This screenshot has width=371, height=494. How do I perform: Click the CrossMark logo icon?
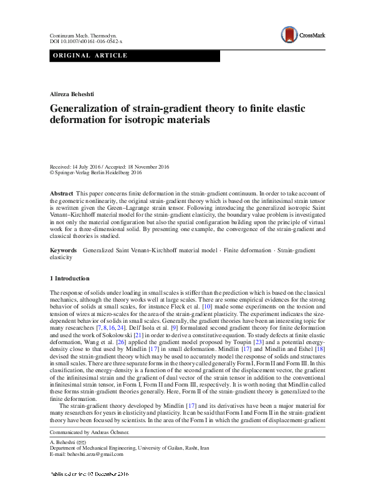click(x=288, y=34)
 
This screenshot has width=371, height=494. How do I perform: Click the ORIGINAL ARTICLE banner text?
click(x=90, y=56)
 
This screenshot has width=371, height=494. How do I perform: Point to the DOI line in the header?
click(x=86, y=42)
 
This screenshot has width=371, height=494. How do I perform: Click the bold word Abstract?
click(x=62, y=195)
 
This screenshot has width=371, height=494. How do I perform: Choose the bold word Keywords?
click(x=64, y=250)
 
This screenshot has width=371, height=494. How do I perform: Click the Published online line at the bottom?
click(x=90, y=490)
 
